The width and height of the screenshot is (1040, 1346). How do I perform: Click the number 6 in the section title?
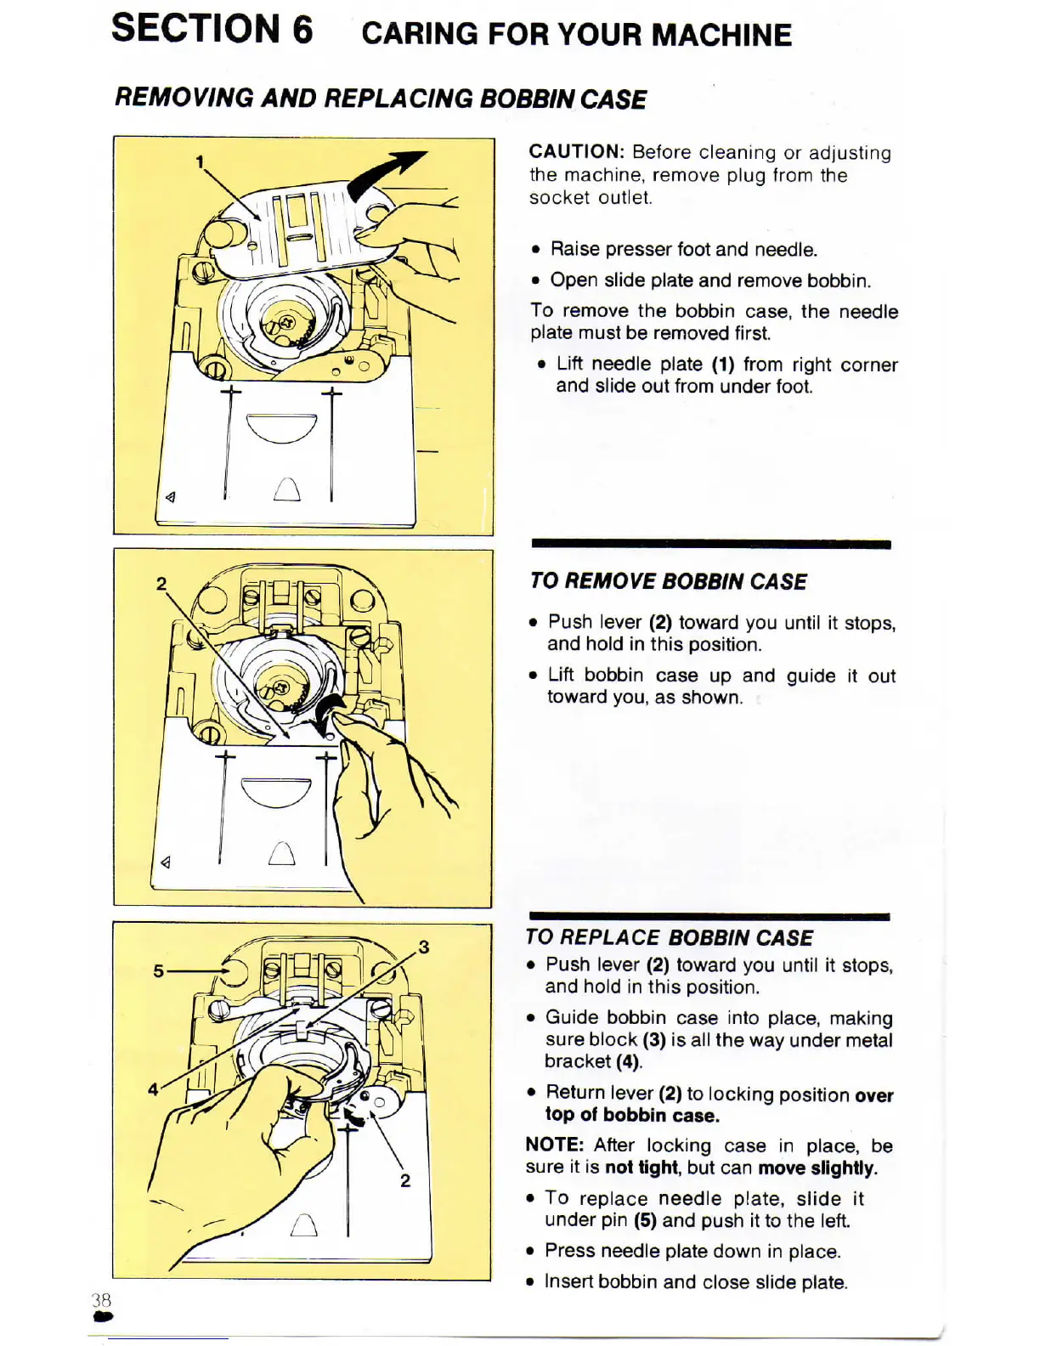pyautogui.click(x=302, y=30)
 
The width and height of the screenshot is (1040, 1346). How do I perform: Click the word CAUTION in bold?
pyautogui.click(x=576, y=152)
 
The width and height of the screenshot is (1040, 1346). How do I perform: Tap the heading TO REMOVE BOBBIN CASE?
pyautogui.click(x=668, y=582)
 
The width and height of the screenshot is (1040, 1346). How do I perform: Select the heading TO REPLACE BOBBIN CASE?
pyautogui.click(x=669, y=938)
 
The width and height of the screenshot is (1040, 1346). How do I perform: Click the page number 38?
pyautogui.click(x=101, y=1300)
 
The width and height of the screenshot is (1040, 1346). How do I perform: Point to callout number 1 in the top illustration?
pyautogui.click(x=200, y=161)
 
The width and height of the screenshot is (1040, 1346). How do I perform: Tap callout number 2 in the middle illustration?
pyautogui.click(x=161, y=583)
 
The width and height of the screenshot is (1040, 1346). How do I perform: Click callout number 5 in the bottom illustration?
pyautogui.click(x=158, y=970)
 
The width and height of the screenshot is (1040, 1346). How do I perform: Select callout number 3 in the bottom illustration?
pyautogui.click(x=423, y=947)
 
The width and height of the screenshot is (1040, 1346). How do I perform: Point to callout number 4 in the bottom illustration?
pyautogui.click(x=153, y=1089)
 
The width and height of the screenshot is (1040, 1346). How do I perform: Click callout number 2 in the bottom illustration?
pyautogui.click(x=405, y=1180)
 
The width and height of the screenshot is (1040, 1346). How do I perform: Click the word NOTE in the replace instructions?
pyautogui.click(x=554, y=1145)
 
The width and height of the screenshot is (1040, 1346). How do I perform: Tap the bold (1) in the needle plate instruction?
pyautogui.click(x=723, y=365)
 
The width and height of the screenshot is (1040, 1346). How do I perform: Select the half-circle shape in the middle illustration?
pyautogui.click(x=277, y=792)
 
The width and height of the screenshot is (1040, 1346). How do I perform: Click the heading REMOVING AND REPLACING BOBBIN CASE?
pyautogui.click(x=381, y=99)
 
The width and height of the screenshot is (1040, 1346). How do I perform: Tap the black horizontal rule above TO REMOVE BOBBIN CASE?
pyautogui.click(x=710, y=544)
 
